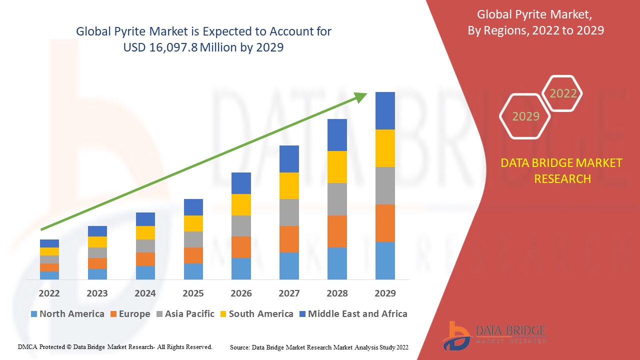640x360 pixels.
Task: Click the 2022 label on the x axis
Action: click(49, 293)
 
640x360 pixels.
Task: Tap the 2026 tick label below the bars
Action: click(241, 293)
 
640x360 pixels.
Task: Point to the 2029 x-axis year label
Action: click(385, 293)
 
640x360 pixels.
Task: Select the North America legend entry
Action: click(67, 314)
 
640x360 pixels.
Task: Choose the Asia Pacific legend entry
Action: click(185, 314)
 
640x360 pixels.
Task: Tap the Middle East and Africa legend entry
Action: click(352, 314)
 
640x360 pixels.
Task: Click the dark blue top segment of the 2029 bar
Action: click(385, 110)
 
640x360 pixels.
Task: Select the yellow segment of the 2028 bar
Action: click(337, 167)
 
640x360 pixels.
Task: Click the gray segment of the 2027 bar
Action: click(289, 212)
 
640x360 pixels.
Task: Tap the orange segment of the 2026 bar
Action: click(241, 247)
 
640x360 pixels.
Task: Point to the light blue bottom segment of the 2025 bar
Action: click(193, 271)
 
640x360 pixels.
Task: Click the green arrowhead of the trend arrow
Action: click(361, 97)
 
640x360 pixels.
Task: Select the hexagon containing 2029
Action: click(525, 116)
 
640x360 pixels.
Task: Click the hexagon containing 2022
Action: click(562, 93)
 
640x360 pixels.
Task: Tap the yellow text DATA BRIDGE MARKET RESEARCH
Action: click(561, 170)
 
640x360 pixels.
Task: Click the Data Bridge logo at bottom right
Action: click(493, 335)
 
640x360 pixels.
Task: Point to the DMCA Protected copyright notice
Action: click(115, 346)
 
